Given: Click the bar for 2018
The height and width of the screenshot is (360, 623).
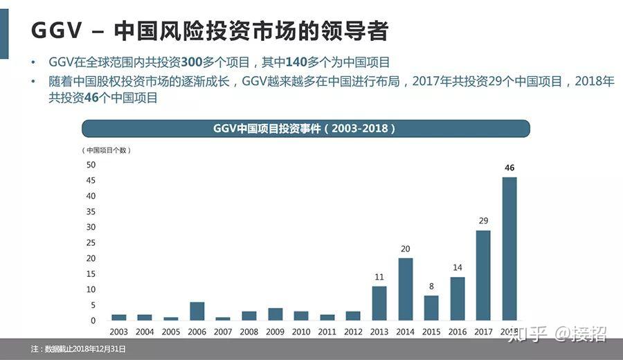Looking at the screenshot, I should coord(509,249).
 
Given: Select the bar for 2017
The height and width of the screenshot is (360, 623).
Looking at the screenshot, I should coord(483,275).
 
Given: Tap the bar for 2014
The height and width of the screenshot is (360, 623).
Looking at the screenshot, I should coord(406,289).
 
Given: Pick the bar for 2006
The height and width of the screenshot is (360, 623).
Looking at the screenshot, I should coord(197,311).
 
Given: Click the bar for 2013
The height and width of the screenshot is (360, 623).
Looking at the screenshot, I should coord(379,303).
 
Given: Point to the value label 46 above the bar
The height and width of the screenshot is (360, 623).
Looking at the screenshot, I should coord(509,168).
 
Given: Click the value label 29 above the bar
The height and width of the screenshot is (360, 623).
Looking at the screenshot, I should coord(483,221).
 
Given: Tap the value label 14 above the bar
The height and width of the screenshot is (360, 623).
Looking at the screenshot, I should coord(458,267).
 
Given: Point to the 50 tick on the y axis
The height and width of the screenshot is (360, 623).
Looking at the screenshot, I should coord(91,165).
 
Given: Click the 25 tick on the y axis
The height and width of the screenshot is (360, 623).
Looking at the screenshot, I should coord(91,243).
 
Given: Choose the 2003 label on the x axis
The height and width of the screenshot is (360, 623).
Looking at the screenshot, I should coord(119,332).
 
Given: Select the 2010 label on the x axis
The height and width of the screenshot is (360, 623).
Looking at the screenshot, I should coord(301,332).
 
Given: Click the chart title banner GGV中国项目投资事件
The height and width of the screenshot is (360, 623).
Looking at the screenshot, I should coord(305,129).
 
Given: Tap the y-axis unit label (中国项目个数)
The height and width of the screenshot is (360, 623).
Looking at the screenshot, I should coord(107,150).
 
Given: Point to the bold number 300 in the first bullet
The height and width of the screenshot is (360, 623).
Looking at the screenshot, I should coord(191,62).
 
